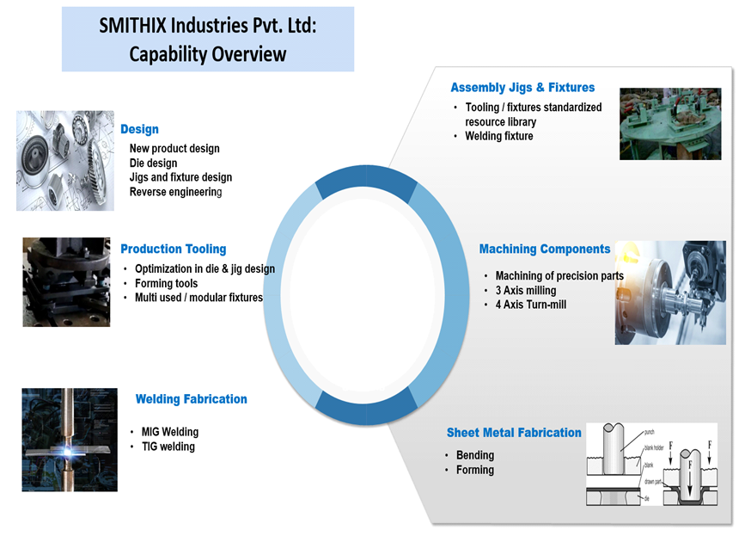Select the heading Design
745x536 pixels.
click(x=139, y=129)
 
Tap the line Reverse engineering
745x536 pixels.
click(x=175, y=192)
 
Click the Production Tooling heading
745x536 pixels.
click(x=173, y=249)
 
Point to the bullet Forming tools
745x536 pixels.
click(x=166, y=283)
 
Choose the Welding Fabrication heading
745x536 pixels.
click(x=191, y=399)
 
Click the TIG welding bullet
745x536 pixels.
click(x=168, y=447)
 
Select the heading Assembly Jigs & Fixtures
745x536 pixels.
click(x=522, y=88)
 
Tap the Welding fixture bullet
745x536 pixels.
click(x=498, y=136)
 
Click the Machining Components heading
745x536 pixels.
click(x=544, y=249)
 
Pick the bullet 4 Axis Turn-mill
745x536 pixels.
click(x=530, y=305)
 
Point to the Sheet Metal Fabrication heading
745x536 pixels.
click(x=513, y=433)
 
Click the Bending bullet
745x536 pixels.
click(x=474, y=455)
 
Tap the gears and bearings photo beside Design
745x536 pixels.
click(x=65, y=160)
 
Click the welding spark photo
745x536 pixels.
click(x=70, y=440)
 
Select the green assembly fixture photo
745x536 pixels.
click(x=671, y=124)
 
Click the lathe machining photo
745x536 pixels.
click(x=669, y=293)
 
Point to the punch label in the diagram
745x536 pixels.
click(x=650, y=432)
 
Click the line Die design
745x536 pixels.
click(x=153, y=163)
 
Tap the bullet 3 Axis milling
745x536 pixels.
click(x=525, y=290)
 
